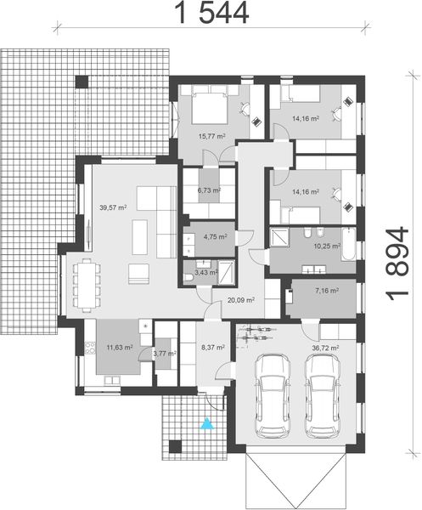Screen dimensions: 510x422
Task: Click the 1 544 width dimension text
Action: click(x=211, y=12)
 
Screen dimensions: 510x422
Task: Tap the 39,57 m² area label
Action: click(x=113, y=207)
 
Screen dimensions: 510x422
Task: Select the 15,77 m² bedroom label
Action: click(x=211, y=136)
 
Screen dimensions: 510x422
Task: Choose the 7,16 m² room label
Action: click(x=326, y=292)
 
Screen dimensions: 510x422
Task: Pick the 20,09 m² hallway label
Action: click(x=241, y=299)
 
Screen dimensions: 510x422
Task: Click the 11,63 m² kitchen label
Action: click(x=119, y=348)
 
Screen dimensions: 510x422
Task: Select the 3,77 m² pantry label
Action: click(x=164, y=353)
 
